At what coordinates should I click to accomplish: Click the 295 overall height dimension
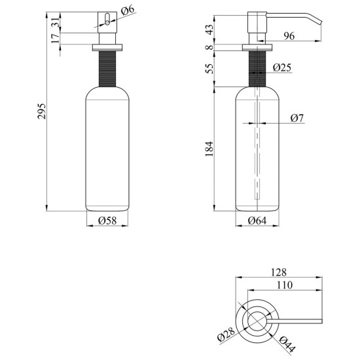coord(42,111)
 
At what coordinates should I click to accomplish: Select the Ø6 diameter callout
coord(128,10)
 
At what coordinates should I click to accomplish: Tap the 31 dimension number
coord(56,22)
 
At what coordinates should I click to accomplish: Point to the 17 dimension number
coord(56,39)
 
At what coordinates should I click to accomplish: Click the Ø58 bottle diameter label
coord(107,221)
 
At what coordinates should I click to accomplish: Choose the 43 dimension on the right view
coord(209,29)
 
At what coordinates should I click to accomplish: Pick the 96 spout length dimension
coord(289,36)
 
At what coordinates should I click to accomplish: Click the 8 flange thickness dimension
coord(209,48)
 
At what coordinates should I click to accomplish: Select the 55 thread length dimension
coord(209,68)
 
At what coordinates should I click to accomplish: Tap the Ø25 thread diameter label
coord(282,67)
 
